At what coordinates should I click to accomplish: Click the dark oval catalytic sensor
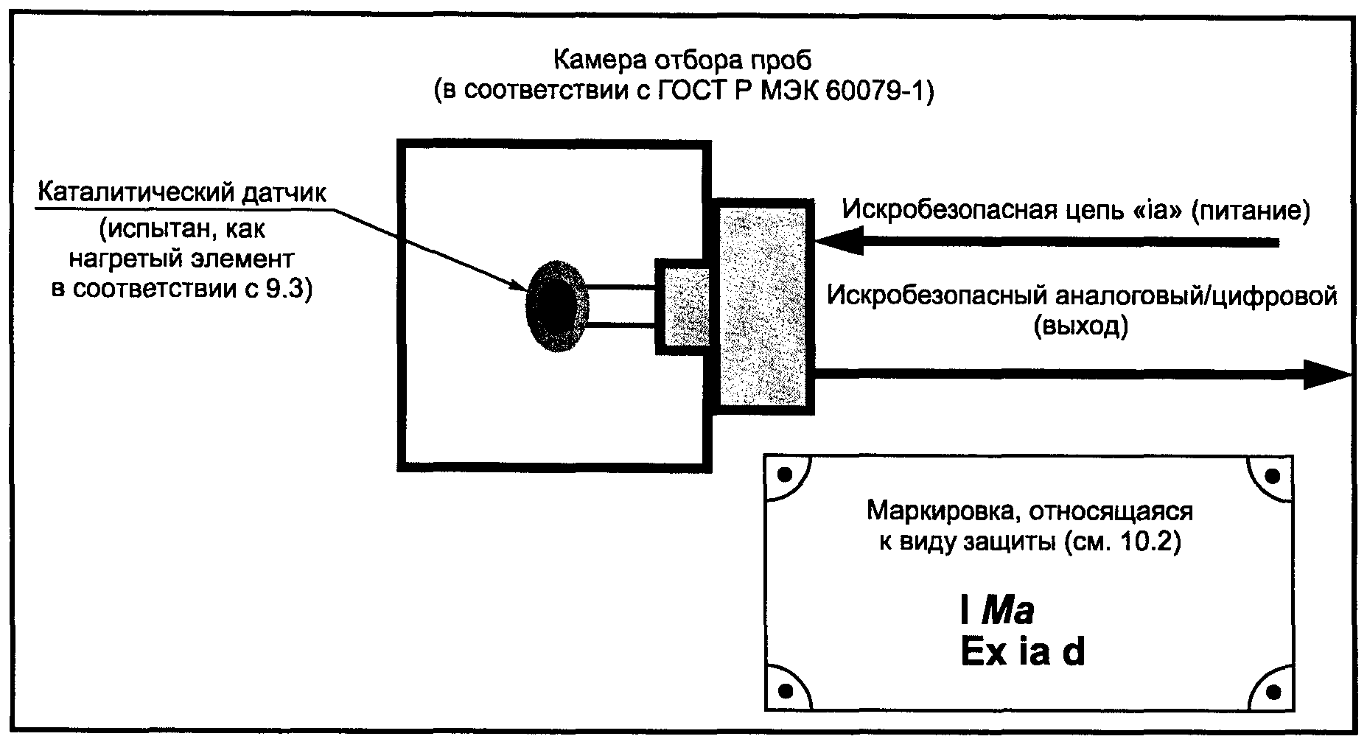coord(557,304)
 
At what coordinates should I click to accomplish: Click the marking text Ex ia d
coord(1022,652)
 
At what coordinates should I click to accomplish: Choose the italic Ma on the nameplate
coord(1008,611)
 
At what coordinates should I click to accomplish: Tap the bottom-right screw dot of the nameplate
coord(1273,690)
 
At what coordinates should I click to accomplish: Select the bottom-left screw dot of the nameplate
coord(785,690)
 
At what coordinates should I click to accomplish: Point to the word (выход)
coord(1080,326)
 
